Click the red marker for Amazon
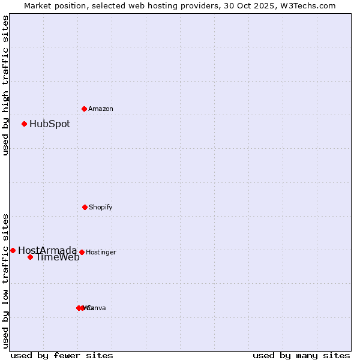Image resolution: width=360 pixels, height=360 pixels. [x=84, y=109]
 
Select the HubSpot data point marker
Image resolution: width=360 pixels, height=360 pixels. [x=24, y=124]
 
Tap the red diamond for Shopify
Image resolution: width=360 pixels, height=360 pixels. [x=85, y=207]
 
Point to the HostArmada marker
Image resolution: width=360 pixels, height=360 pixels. [x=13, y=250]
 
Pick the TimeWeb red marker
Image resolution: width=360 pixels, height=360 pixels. [x=30, y=257]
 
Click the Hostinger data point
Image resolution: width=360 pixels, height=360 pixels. [x=82, y=252]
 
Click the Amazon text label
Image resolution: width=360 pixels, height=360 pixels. [x=100, y=109]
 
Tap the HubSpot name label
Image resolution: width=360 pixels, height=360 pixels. [x=50, y=124]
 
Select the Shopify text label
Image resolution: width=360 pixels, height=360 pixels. [x=100, y=208]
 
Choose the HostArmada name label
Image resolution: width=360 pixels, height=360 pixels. [x=47, y=251]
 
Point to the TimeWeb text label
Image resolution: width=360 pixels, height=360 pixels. [x=58, y=257]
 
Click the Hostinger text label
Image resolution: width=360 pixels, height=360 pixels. [x=101, y=253]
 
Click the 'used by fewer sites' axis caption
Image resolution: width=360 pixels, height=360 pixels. [x=62, y=355]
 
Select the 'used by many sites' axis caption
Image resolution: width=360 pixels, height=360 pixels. [x=301, y=355]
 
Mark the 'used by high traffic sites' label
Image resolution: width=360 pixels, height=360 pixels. [x=5, y=85]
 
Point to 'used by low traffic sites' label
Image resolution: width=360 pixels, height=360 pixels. [x=5, y=280]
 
